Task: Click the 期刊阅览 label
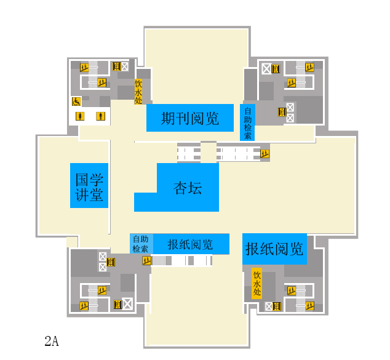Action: pyautogui.click(x=189, y=118)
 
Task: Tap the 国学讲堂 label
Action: pyautogui.click(x=89, y=186)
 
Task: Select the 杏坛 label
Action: pyautogui.click(x=188, y=188)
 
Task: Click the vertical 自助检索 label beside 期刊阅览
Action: pyautogui.click(x=247, y=122)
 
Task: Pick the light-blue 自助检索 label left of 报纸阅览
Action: pyautogui.click(x=141, y=244)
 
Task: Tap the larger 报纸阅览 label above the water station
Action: pyautogui.click(x=274, y=249)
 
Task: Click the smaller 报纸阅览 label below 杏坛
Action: pyautogui.click(x=191, y=244)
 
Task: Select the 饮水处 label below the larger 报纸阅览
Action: pyautogui.click(x=257, y=282)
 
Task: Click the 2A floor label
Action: pyautogui.click(x=52, y=341)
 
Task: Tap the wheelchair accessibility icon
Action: pyautogui.click(x=77, y=101)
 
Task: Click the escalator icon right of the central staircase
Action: pyautogui.click(x=265, y=153)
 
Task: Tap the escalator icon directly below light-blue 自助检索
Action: pyautogui.click(x=146, y=260)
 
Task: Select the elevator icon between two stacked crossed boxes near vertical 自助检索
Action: pyautogui.click(x=282, y=111)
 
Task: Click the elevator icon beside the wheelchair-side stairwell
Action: pyautogui.click(x=116, y=66)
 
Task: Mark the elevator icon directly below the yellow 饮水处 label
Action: pyautogui.click(x=277, y=306)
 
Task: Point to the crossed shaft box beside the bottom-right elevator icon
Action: pyautogui.click(x=269, y=306)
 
